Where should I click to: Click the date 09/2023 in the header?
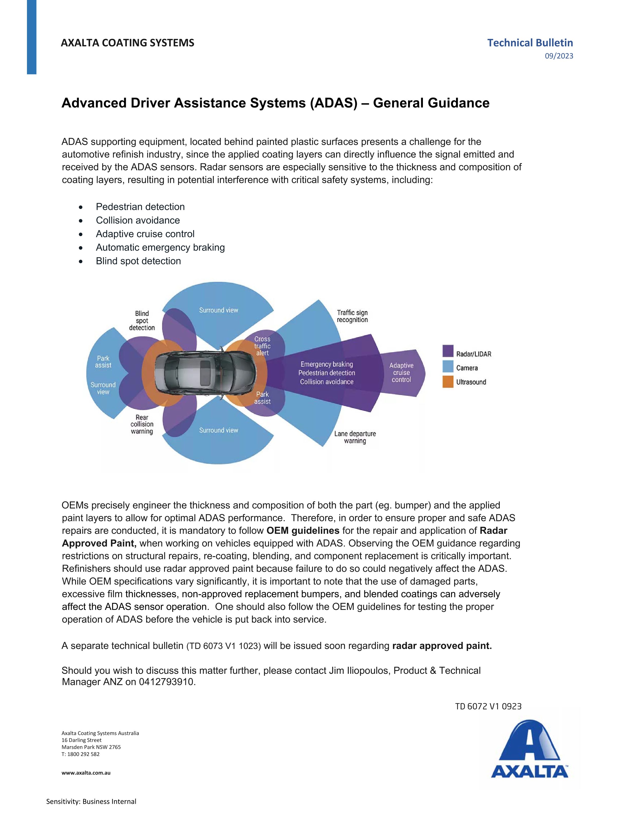point(559,56)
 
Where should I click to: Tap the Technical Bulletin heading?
point(530,43)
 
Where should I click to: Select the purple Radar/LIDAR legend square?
point(448,351)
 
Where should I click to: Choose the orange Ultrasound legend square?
point(448,382)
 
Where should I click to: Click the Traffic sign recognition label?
point(352,316)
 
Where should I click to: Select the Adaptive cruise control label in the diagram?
point(401,373)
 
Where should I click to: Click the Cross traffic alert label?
point(262,346)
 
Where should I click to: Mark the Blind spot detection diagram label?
point(142,320)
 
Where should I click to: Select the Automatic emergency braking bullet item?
point(160,247)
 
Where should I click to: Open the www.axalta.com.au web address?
point(86,773)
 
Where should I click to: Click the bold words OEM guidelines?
point(303,531)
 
